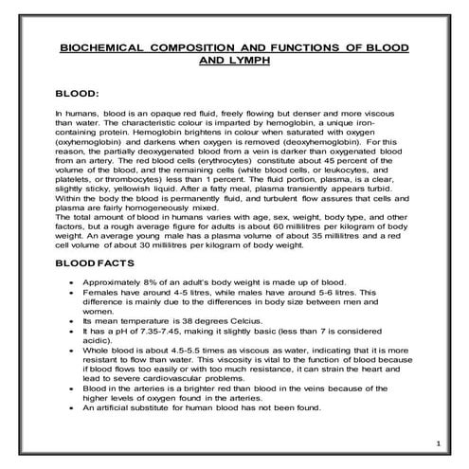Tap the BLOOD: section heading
pyautogui.click(x=79, y=95)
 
